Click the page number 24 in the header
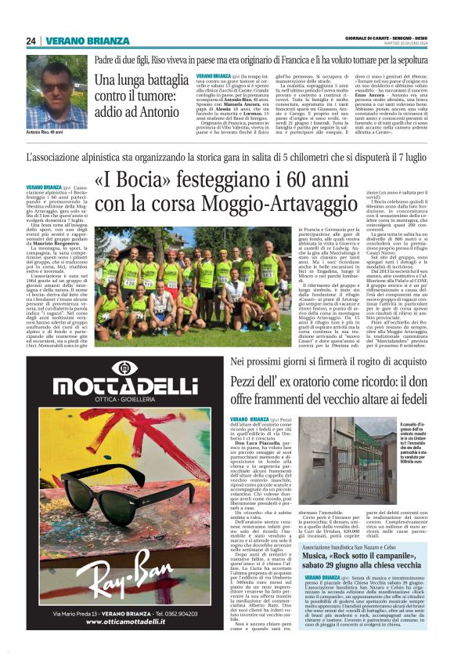[31, 41]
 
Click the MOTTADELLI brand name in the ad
[114, 386]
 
